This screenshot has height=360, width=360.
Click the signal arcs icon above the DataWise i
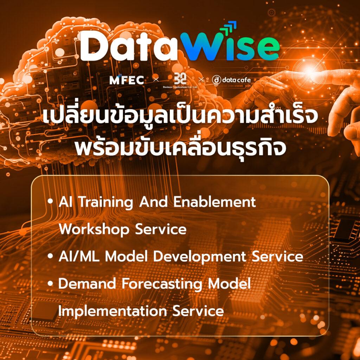230,27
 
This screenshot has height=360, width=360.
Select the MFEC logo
127,80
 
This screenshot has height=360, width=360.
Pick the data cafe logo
231,80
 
